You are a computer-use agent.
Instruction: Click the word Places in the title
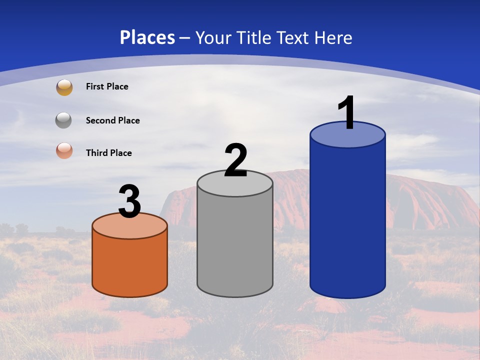147,37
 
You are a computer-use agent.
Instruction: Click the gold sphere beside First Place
64,87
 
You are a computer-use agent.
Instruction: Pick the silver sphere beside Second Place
64,120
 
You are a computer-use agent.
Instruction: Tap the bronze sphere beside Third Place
64,151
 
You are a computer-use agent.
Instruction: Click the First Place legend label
107,86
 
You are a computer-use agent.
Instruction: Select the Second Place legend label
112,120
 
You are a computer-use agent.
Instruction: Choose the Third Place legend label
108,153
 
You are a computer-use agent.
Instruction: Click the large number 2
235,161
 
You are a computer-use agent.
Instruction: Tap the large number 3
129,202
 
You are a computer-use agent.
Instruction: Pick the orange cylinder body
129,262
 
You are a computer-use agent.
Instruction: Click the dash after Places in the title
185,38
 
